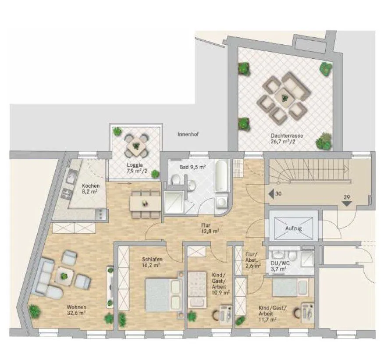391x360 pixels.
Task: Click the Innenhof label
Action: click(188, 134)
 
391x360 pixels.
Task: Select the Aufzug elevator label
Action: click(294, 228)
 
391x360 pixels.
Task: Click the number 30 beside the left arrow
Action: click(278, 193)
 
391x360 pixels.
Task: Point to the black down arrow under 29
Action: click(347, 203)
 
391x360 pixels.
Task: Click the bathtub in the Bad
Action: click(222, 176)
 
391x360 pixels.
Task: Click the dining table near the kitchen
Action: click(145, 204)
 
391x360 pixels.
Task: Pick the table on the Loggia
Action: click(136, 145)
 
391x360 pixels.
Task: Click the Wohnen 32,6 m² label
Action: click(76, 310)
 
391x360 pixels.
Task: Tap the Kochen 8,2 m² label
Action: click(91, 189)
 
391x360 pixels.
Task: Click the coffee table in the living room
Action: click(64, 276)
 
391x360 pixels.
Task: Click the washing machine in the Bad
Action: click(221, 202)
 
